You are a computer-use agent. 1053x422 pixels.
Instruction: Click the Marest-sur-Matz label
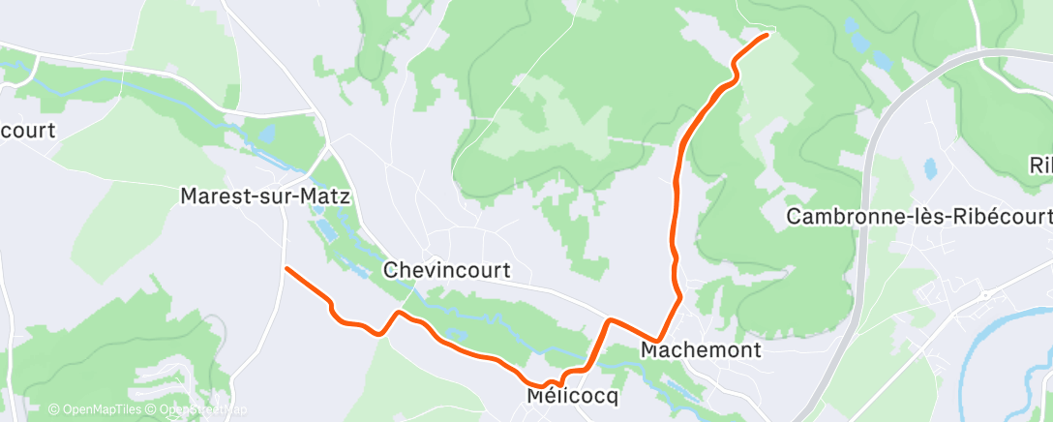265,196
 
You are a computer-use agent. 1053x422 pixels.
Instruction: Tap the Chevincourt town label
446,270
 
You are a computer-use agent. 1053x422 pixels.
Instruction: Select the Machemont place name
701,348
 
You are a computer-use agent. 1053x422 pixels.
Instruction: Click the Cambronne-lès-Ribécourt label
918,217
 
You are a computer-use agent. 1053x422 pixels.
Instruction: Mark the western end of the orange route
287,267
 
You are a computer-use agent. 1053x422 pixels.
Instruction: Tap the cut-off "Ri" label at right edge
1040,166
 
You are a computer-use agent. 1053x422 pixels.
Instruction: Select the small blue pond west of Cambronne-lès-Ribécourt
930,168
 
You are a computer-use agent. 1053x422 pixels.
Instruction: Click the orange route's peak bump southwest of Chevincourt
398,313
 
